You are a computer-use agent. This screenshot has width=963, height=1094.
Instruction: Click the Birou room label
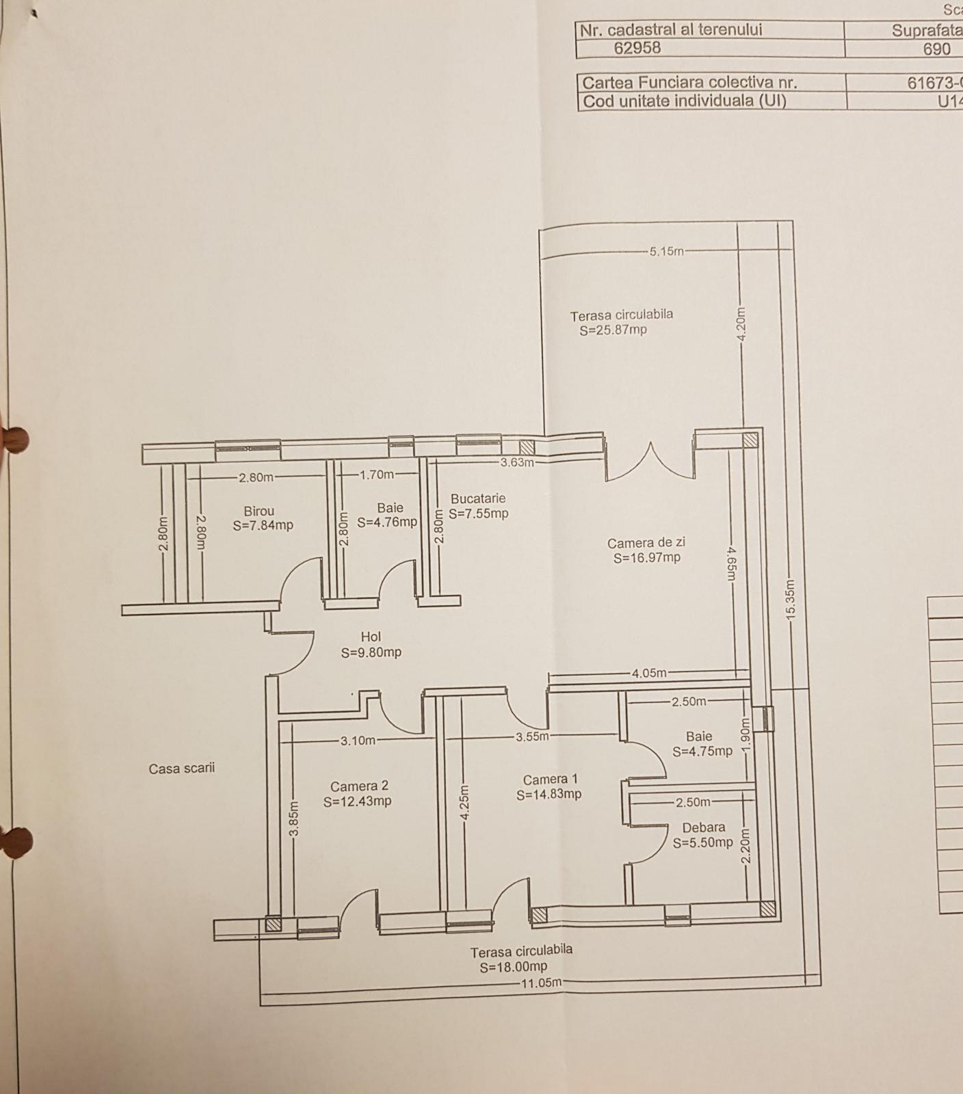pyautogui.click(x=259, y=511)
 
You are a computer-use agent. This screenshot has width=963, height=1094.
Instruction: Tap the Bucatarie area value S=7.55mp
pyautogui.click(x=478, y=513)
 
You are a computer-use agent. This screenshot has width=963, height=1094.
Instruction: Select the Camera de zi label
pyautogui.click(x=646, y=543)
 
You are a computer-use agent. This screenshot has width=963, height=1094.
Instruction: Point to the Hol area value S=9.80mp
pyautogui.click(x=371, y=652)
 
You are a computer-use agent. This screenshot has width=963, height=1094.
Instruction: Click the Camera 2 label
pyautogui.click(x=359, y=786)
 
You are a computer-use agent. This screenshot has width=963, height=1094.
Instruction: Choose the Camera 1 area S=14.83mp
pyautogui.click(x=549, y=795)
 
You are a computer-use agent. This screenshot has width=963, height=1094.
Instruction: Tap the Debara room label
pyautogui.click(x=703, y=827)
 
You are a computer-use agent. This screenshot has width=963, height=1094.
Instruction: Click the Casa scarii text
pyautogui.click(x=182, y=769)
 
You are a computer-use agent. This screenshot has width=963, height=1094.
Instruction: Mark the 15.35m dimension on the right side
pyautogui.click(x=791, y=600)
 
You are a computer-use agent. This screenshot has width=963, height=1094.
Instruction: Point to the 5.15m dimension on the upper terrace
pyautogui.click(x=666, y=251)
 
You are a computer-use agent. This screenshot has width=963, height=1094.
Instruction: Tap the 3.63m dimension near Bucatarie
pyautogui.click(x=516, y=462)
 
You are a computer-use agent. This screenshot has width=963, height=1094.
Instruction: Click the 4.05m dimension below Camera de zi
pyautogui.click(x=648, y=673)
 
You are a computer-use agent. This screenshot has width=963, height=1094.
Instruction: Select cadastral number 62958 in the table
pyautogui.click(x=637, y=48)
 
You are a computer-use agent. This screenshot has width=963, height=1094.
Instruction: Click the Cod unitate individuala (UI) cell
pyautogui.click(x=684, y=101)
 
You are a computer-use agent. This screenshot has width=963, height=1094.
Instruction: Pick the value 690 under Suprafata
pyautogui.click(x=936, y=49)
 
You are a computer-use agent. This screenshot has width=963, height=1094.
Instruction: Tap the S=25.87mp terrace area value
pyautogui.click(x=613, y=330)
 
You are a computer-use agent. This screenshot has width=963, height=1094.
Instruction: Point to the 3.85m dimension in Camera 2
pyautogui.click(x=293, y=818)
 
